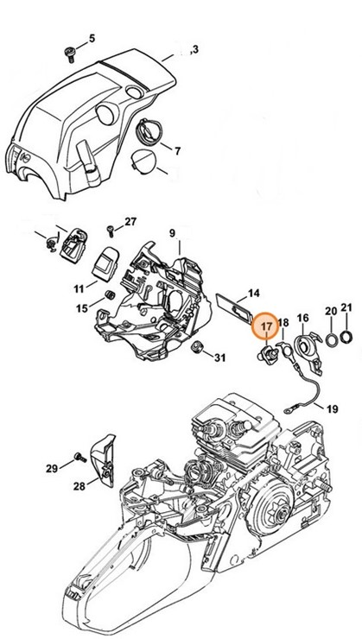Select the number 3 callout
click(x=195, y=50)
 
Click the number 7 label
click(x=177, y=152)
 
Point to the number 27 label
click(x=130, y=222)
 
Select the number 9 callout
click(x=173, y=233)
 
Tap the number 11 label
click(x=78, y=288)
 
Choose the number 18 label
click(x=283, y=322)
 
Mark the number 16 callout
click(x=302, y=319)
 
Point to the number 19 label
click(x=333, y=408)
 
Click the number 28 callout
click(x=79, y=487)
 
